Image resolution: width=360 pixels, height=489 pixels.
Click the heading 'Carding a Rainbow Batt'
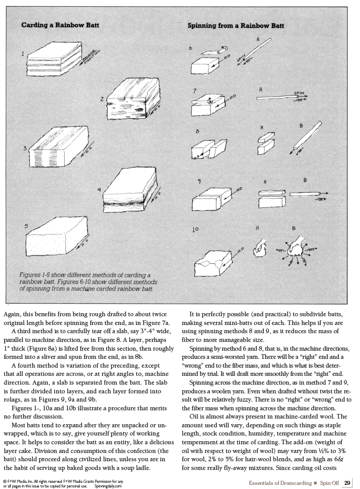pyautogui.click(x=60, y=25)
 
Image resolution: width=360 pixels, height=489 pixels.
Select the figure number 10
pyautogui.click(x=195, y=229)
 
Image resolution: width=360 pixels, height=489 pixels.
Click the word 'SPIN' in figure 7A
pyautogui.click(x=299, y=93)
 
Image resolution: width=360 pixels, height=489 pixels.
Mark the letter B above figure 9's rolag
pyautogui.click(x=305, y=180)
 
